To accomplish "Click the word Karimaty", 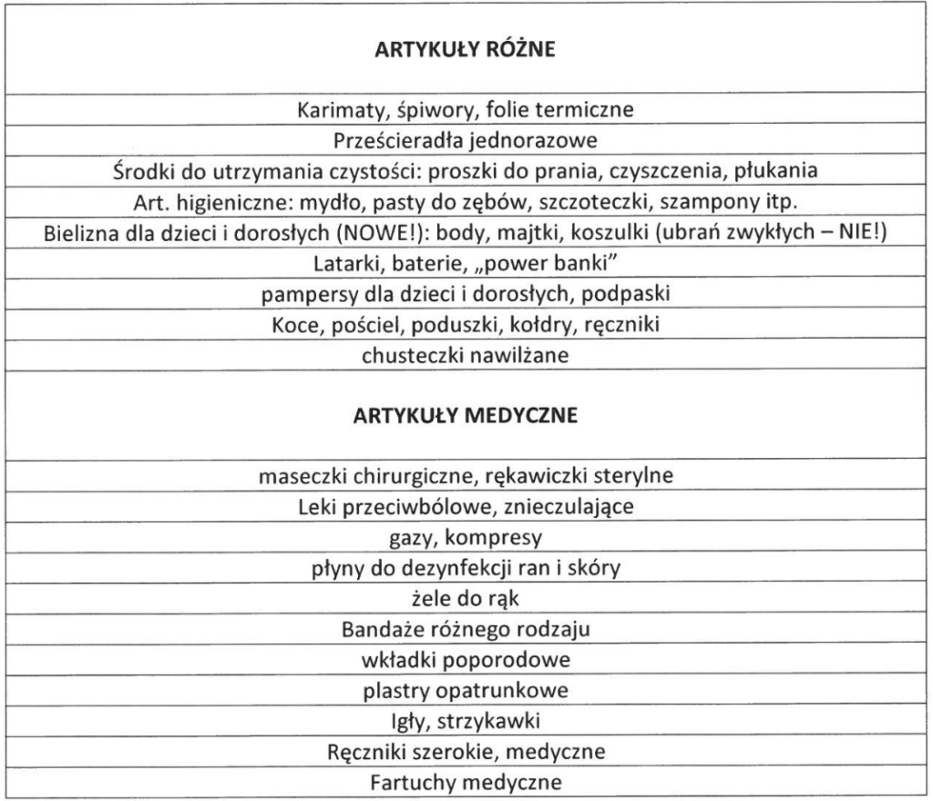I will point(334,110).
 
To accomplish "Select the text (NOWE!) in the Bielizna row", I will point(365,232).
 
